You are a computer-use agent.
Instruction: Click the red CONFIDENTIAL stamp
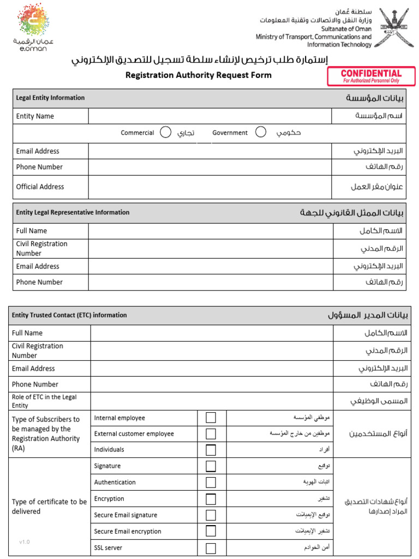371,76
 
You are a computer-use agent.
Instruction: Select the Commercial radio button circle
166,133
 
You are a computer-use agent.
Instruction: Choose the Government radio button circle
261,132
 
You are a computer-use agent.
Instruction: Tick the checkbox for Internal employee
211,418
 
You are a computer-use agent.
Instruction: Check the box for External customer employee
211,434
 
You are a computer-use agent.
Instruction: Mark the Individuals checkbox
211,450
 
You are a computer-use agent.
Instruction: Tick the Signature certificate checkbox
211,466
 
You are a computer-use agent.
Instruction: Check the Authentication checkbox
211,483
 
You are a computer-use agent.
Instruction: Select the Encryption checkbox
211,499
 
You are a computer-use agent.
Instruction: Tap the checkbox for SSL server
211,548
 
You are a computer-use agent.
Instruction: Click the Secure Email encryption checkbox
211,531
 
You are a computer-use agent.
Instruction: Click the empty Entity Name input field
210,116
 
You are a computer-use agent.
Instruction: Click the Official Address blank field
210,187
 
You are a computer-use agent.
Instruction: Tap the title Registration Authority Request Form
198,75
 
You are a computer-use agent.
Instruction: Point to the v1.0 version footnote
25,542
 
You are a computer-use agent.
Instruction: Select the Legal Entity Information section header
50,98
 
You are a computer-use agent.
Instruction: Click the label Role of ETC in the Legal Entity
44,401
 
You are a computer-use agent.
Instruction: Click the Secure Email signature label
125,515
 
